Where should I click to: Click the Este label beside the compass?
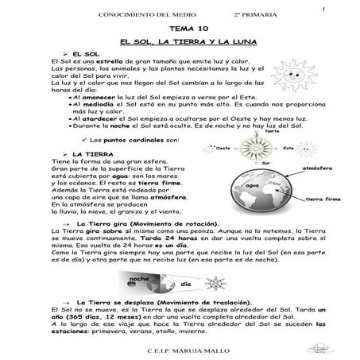click(288, 148)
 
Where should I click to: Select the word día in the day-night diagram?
click(186, 284)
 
